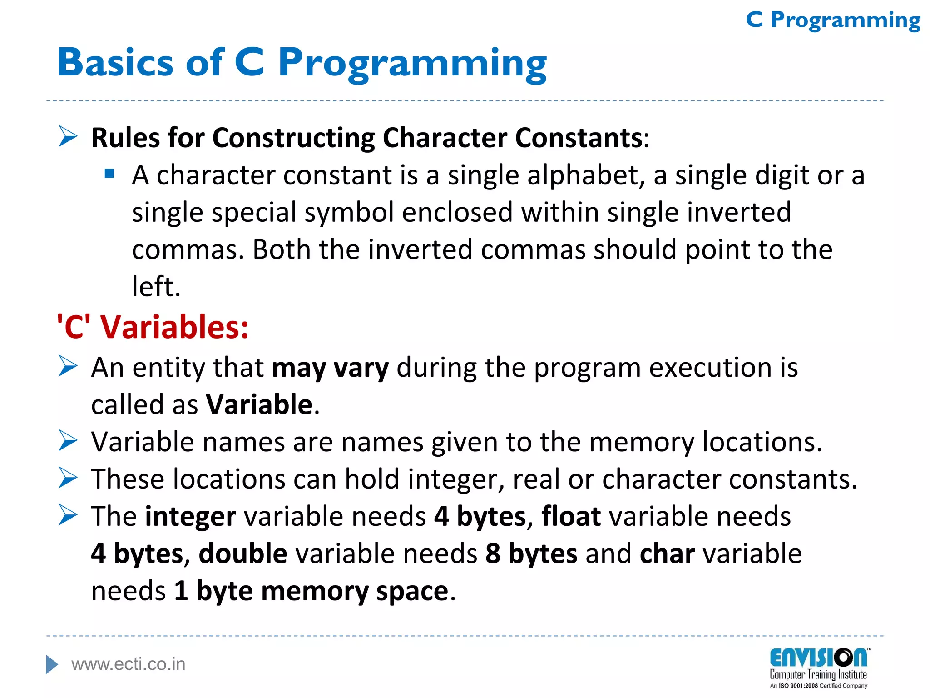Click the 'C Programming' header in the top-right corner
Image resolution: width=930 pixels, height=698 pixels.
pos(833,20)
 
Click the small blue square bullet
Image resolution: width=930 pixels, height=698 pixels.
pos(109,173)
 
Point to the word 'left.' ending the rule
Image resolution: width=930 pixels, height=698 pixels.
pos(156,287)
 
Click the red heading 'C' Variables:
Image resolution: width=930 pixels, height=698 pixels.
pos(153,327)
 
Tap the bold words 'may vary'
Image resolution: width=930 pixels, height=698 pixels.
pos(330,368)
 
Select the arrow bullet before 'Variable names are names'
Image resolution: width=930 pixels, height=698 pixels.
pos(68,441)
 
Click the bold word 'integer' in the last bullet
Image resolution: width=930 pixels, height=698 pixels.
pos(190,517)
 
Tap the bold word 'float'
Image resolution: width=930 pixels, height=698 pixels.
pos(571,516)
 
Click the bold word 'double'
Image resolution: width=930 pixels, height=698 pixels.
pos(243,553)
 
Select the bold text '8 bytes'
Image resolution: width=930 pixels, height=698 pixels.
pos(531,553)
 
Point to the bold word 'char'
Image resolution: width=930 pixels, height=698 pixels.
pos(667,553)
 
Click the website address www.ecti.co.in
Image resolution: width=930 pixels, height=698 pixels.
pos(129,664)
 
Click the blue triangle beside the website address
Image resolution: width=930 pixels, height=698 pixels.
pos(52,664)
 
